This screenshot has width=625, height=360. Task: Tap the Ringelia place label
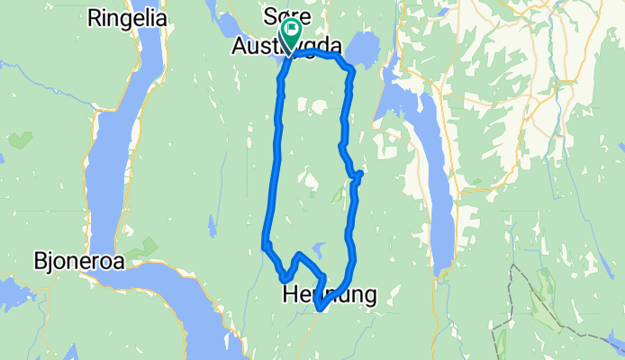tap(129, 17)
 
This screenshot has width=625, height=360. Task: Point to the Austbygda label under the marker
tap(286, 47)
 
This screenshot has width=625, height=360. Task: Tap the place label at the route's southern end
tap(329, 293)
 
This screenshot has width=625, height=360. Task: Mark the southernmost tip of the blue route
tap(320, 310)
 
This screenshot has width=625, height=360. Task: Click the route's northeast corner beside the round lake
tap(348, 67)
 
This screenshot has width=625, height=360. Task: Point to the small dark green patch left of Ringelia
tap(20, 140)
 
